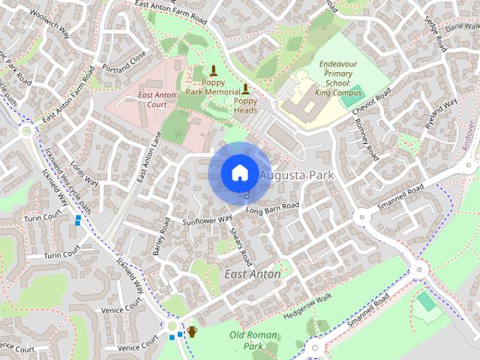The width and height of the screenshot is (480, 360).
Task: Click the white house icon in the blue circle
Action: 238,172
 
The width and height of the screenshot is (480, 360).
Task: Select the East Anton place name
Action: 253,274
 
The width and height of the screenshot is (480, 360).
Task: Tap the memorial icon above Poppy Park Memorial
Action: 214,72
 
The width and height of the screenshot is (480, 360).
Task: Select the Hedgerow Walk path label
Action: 307,309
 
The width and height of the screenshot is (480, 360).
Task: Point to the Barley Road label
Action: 161,236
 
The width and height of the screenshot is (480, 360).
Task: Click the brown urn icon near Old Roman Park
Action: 192,331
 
